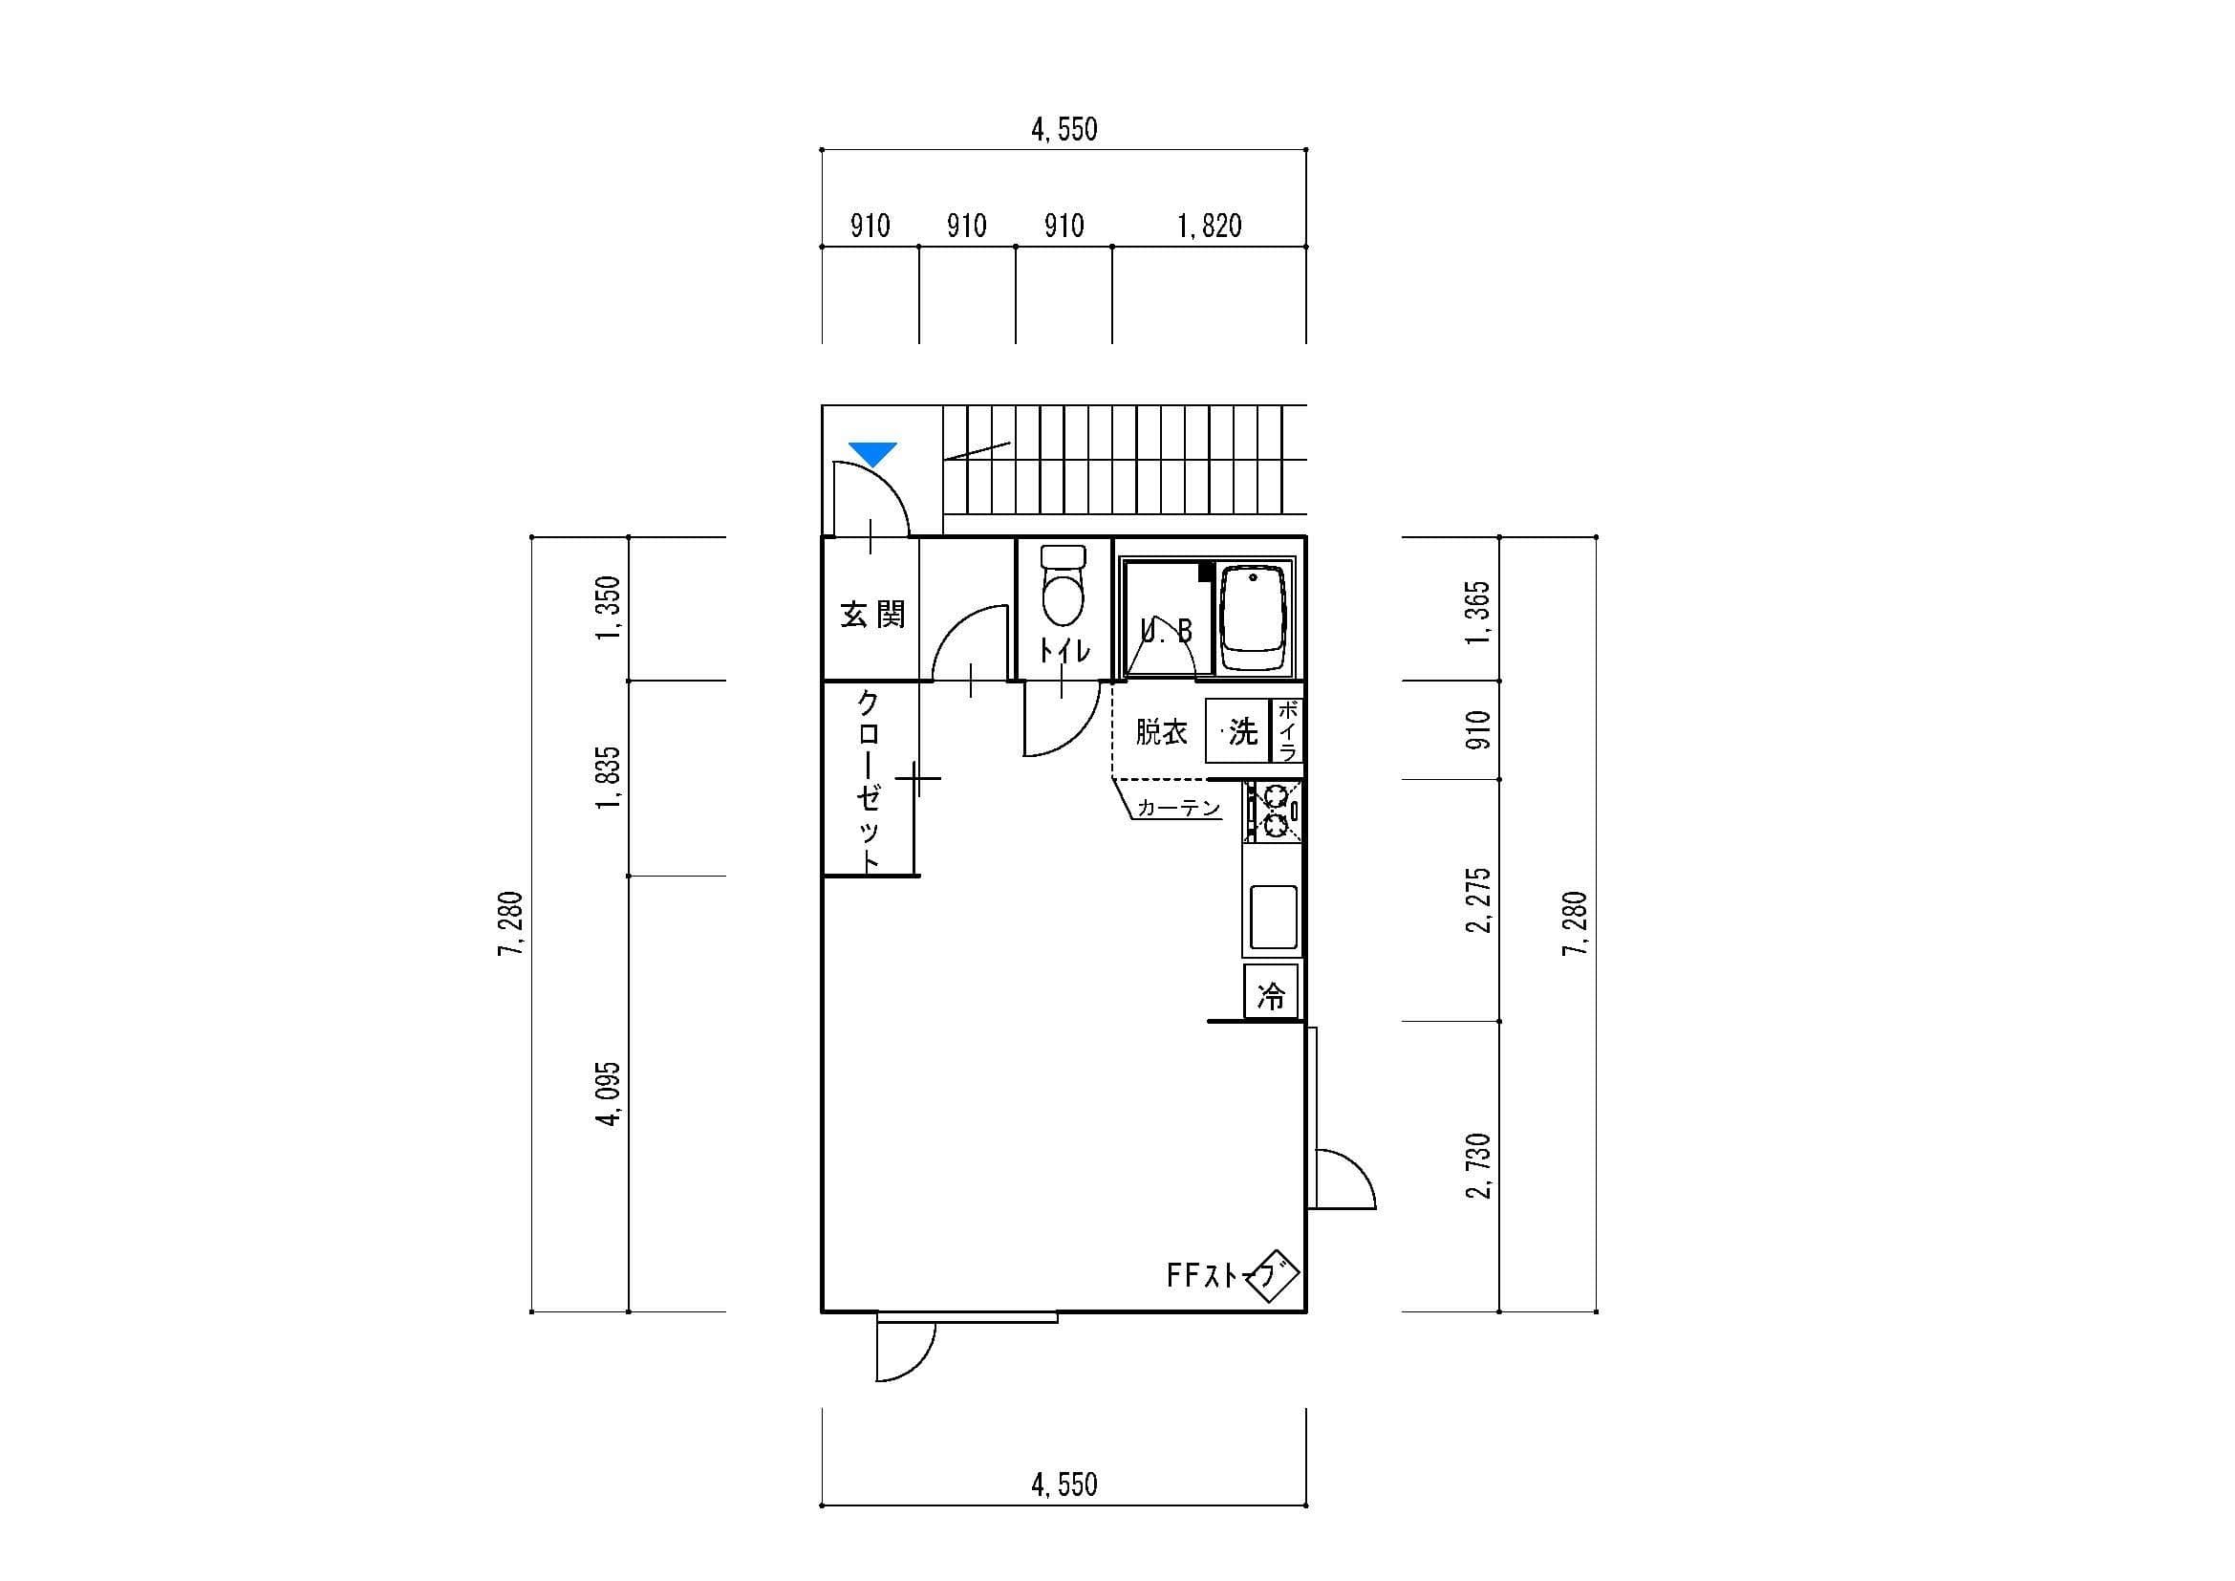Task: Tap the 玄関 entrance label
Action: point(873,615)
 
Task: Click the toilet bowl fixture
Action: point(1063,585)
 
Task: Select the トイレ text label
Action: point(1064,650)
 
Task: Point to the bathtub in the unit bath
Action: point(1253,619)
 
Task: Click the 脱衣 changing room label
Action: point(1161,731)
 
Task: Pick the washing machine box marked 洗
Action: point(1238,731)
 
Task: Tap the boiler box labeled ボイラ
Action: point(1287,731)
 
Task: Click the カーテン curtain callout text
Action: point(1179,808)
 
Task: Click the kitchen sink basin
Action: point(1273,916)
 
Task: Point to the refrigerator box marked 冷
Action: point(1271,994)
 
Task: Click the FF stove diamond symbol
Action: point(1272,1277)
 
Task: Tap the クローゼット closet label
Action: point(869,781)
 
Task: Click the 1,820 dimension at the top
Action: point(1209,226)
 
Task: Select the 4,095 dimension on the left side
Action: point(610,1094)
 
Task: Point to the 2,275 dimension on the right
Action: point(1478,899)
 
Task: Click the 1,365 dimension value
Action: point(1478,612)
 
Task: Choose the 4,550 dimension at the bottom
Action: point(1064,1484)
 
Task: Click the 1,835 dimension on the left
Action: point(610,778)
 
